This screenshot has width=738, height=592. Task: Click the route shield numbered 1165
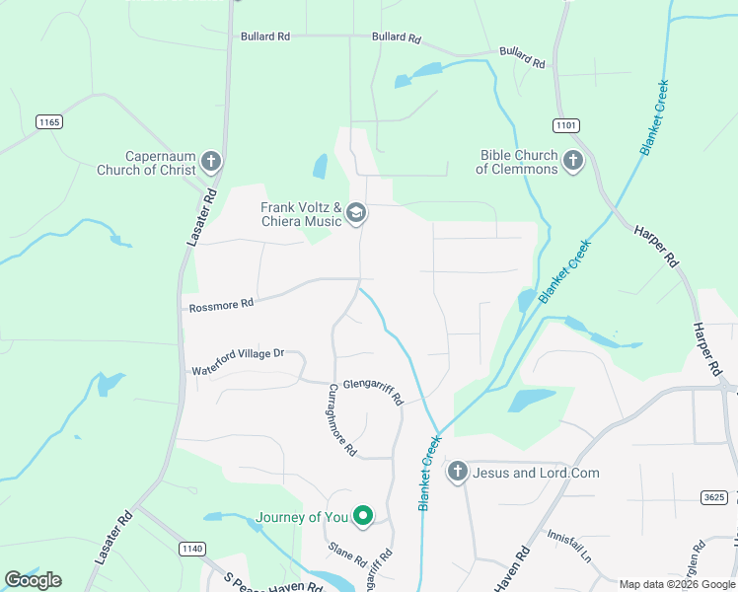coord(48,121)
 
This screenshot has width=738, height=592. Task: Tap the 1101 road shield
coord(565,125)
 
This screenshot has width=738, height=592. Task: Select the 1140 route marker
coord(192,548)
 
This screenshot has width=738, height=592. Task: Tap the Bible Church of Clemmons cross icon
coord(573,161)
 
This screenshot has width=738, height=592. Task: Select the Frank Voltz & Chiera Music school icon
coord(356,214)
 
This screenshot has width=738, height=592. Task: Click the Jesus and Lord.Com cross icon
coord(457,473)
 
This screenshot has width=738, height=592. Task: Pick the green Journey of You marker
coord(363,516)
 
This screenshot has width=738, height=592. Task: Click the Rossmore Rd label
coord(220,305)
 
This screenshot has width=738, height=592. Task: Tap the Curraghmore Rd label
coord(341,419)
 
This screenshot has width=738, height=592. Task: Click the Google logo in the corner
coord(33,580)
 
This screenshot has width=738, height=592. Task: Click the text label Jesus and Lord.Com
coord(536,473)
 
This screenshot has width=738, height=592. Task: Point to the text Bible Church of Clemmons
coord(518,162)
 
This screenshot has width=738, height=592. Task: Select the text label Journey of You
coord(303,517)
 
